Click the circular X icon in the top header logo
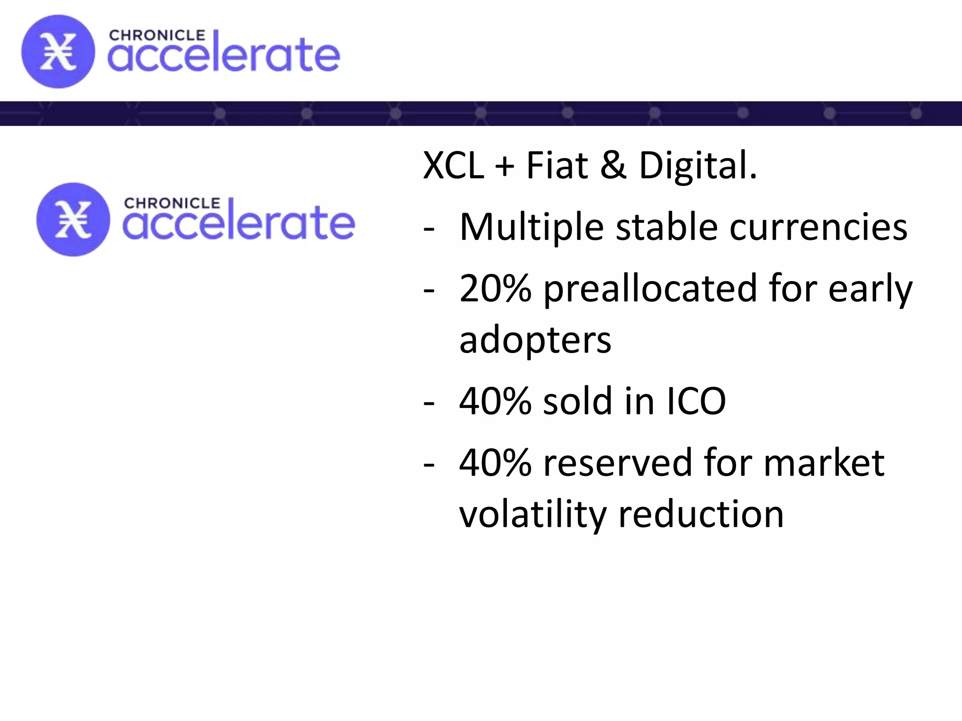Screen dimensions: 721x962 [58, 52]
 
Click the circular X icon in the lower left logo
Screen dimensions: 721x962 [73, 219]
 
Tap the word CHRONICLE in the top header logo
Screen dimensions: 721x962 [157, 36]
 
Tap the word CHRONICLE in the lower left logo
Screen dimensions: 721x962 [172, 203]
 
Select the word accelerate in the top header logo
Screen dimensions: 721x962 [224, 55]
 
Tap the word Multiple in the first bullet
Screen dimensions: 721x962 [531, 227]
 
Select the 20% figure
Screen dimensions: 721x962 [495, 288]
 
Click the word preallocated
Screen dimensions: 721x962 [650, 288]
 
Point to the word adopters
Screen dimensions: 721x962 [535, 340]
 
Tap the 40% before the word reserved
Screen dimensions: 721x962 [495, 463]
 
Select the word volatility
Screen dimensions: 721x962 [533, 514]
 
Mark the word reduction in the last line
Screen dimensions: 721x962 [701, 514]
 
